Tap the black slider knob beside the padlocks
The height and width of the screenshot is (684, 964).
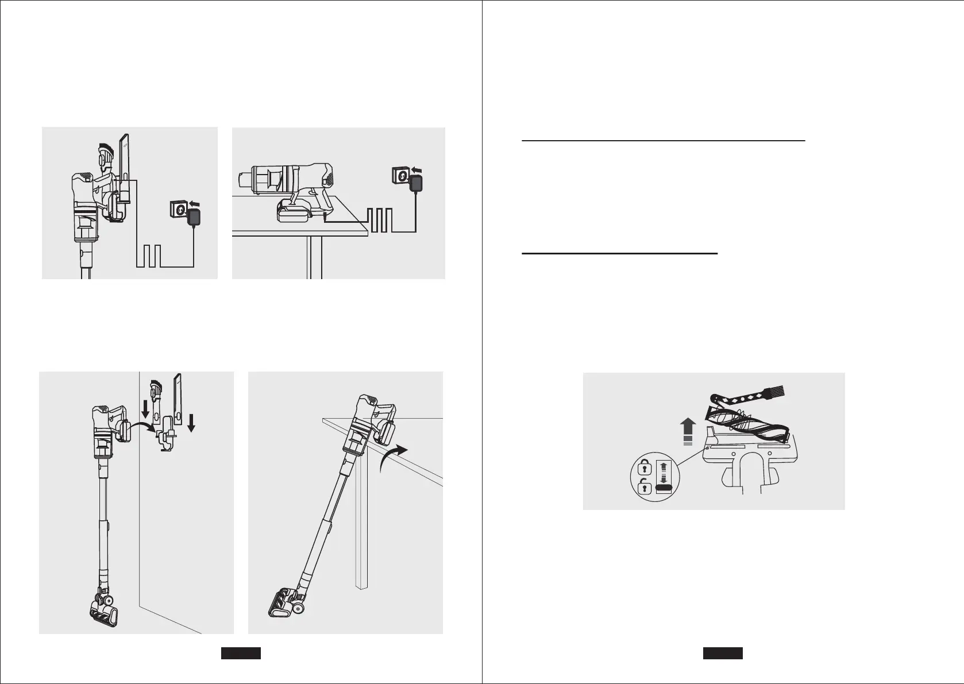pyautogui.click(x=664, y=488)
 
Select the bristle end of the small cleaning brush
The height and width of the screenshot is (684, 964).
pyautogui.click(x=773, y=396)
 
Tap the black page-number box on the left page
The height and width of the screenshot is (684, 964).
pyautogui.click(x=241, y=653)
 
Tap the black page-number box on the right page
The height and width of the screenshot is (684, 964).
pyautogui.click(x=723, y=653)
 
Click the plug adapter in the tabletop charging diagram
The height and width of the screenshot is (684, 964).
pyautogui.click(x=415, y=184)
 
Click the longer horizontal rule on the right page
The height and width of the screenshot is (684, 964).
pyautogui.click(x=664, y=140)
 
